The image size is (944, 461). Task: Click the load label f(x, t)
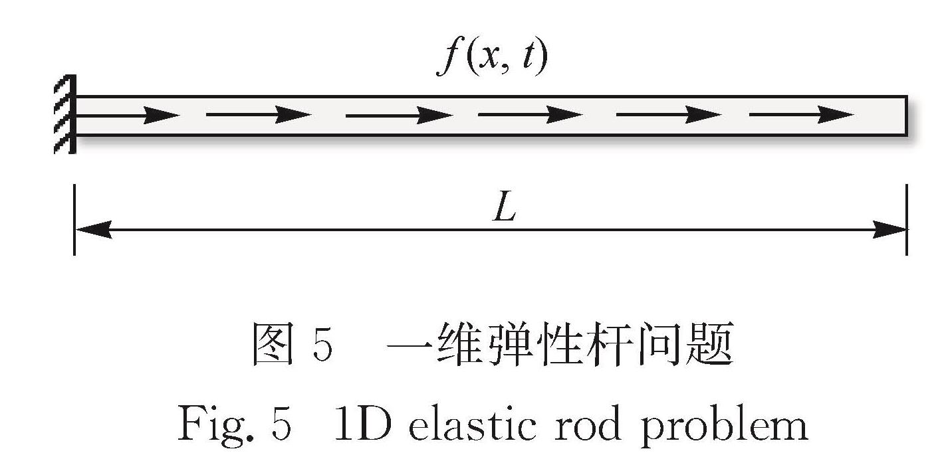pyautogui.click(x=492, y=58)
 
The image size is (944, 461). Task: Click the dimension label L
pyautogui.click(x=505, y=207)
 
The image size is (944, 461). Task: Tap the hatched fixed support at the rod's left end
pyautogui.click(x=65, y=114)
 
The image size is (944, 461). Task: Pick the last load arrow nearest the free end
pyautogui.click(x=801, y=114)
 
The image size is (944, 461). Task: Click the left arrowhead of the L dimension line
pyautogui.click(x=94, y=230)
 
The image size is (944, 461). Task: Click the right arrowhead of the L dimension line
pyautogui.click(x=889, y=230)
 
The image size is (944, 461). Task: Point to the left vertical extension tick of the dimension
pyautogui.click(x=74, y=219)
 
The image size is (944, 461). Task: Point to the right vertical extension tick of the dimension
pyautogui.click(x=907, y=219)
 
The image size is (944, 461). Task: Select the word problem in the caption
pyautogui.click(x=724, y=426)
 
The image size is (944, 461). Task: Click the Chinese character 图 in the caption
pyautogui.click(x=273, y=344)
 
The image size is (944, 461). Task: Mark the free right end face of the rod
pyautogui.click(x=906, y=116)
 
